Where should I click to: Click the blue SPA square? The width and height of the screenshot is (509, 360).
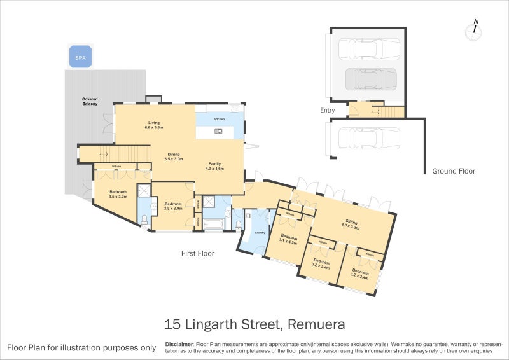coord(80,57)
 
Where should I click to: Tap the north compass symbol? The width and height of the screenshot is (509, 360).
coord(473,31)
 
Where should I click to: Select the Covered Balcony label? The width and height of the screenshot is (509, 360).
coord(90,101)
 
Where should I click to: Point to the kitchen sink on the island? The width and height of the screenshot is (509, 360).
coord(218,132)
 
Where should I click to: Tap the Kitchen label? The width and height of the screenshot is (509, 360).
coord(220,119)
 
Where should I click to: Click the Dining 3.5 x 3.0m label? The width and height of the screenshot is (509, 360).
coord(174,156)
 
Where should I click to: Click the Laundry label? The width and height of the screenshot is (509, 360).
coord(260,233)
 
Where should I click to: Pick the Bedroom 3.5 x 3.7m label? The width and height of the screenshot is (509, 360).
coord(118,194)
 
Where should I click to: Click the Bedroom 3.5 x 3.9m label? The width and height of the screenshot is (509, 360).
coord(174,207)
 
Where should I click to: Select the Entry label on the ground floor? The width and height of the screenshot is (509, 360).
coord(328,111)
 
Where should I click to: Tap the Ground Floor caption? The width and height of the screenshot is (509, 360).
coord(454,171)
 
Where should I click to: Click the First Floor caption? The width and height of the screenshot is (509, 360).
coord(197,253)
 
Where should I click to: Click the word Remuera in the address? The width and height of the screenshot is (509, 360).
coord(316,324)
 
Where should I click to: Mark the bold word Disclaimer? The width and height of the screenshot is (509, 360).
coord(179,343)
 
